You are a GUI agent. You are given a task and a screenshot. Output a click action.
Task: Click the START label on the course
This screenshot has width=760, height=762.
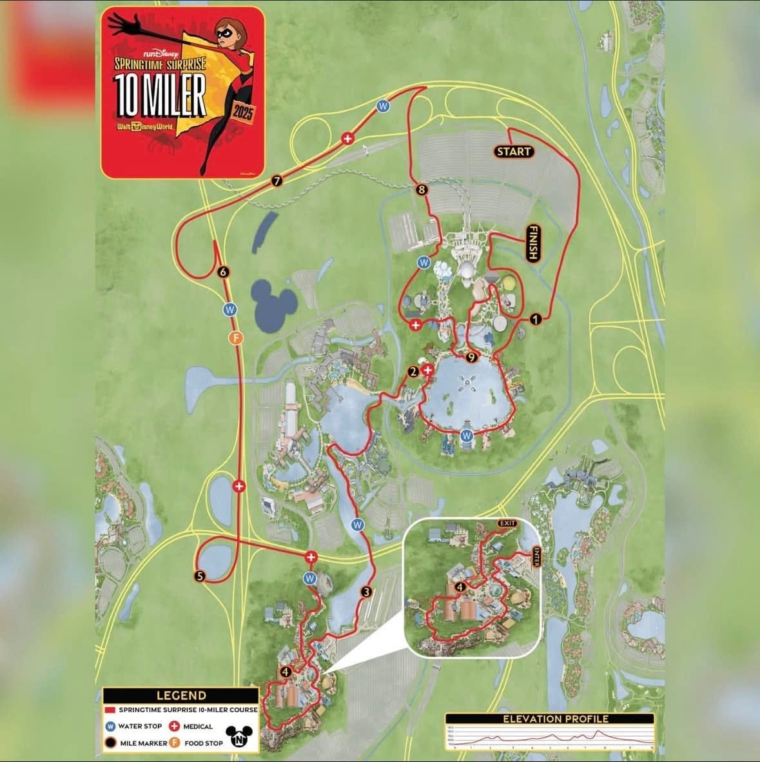514,152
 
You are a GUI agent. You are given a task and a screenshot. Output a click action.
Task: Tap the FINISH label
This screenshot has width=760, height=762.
532,243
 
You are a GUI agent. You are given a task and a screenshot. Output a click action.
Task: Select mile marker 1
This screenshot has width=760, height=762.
534,318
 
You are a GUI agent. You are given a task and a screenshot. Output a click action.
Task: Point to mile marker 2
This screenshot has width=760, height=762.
413,372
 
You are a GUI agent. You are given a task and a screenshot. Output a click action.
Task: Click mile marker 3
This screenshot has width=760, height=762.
367,592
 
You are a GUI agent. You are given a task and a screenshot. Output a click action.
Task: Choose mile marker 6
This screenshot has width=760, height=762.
224,272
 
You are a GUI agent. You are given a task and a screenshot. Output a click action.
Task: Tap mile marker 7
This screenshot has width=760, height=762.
277,181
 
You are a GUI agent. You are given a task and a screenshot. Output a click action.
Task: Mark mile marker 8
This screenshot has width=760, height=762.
422,190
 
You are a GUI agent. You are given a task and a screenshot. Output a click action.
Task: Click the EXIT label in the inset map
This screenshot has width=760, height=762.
507,523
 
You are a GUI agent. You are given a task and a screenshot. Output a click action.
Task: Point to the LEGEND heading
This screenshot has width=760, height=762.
181,696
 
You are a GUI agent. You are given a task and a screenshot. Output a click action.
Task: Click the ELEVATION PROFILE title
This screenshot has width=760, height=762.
549,718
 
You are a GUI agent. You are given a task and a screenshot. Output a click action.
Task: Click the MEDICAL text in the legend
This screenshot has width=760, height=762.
198,727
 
